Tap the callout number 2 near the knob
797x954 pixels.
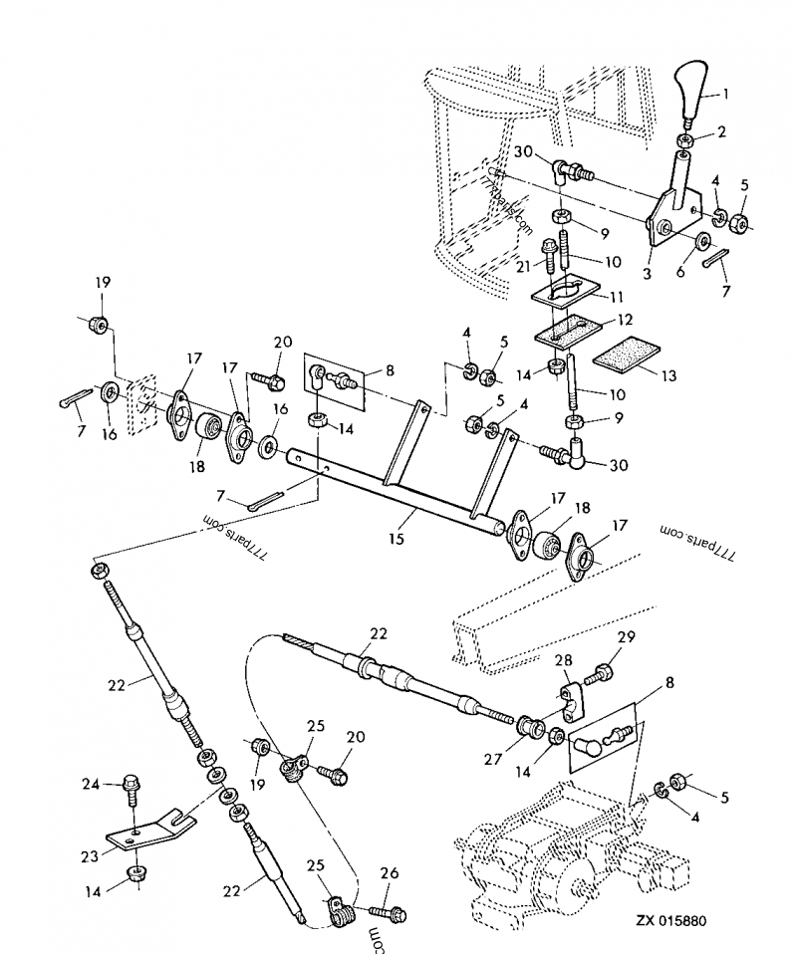click(722, 131)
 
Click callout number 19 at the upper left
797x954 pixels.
click(103, 283)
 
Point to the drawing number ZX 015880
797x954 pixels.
click(671, 921)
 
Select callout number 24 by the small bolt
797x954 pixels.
click(90, 785)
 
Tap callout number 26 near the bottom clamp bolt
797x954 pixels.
click(390, 873)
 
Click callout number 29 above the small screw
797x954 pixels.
click(625, 637)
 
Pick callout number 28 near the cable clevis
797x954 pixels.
click(564, 661)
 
